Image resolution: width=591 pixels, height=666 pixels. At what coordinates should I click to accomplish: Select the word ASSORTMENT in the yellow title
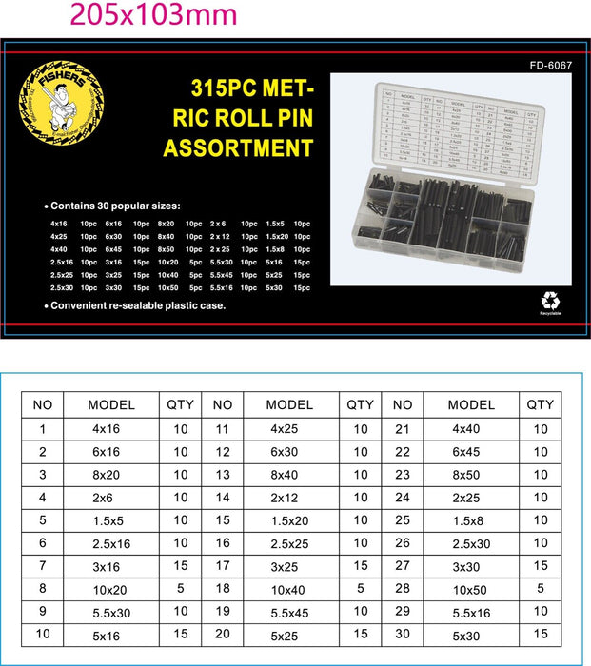coord(238,147)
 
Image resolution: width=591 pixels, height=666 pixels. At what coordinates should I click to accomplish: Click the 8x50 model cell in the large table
coord(472,475)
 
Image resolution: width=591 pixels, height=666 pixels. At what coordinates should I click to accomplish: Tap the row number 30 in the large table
coord(402,634)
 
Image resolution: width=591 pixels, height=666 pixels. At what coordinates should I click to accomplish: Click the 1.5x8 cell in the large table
coord(472,520)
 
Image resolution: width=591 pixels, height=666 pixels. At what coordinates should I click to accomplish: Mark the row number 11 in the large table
coord(223,429)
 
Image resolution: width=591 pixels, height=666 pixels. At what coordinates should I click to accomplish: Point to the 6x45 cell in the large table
coord(472,452)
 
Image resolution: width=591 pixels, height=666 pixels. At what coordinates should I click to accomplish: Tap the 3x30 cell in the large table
coord(472,566)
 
